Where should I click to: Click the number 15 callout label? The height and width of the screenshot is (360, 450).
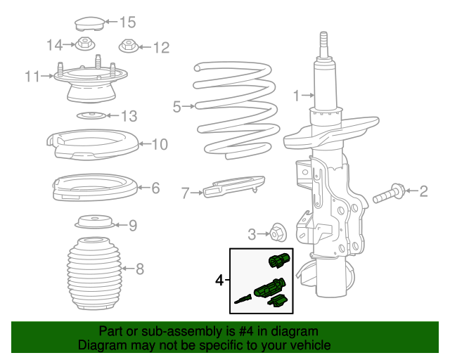(127, 22)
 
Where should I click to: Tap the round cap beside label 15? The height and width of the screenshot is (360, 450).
(90, 24)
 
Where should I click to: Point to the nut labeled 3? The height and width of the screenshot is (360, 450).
(278, 233)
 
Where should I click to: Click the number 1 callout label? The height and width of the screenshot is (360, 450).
(296, 95)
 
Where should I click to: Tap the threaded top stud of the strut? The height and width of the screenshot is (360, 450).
(323, 46)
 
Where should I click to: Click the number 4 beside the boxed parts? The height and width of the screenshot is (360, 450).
(220, 280)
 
